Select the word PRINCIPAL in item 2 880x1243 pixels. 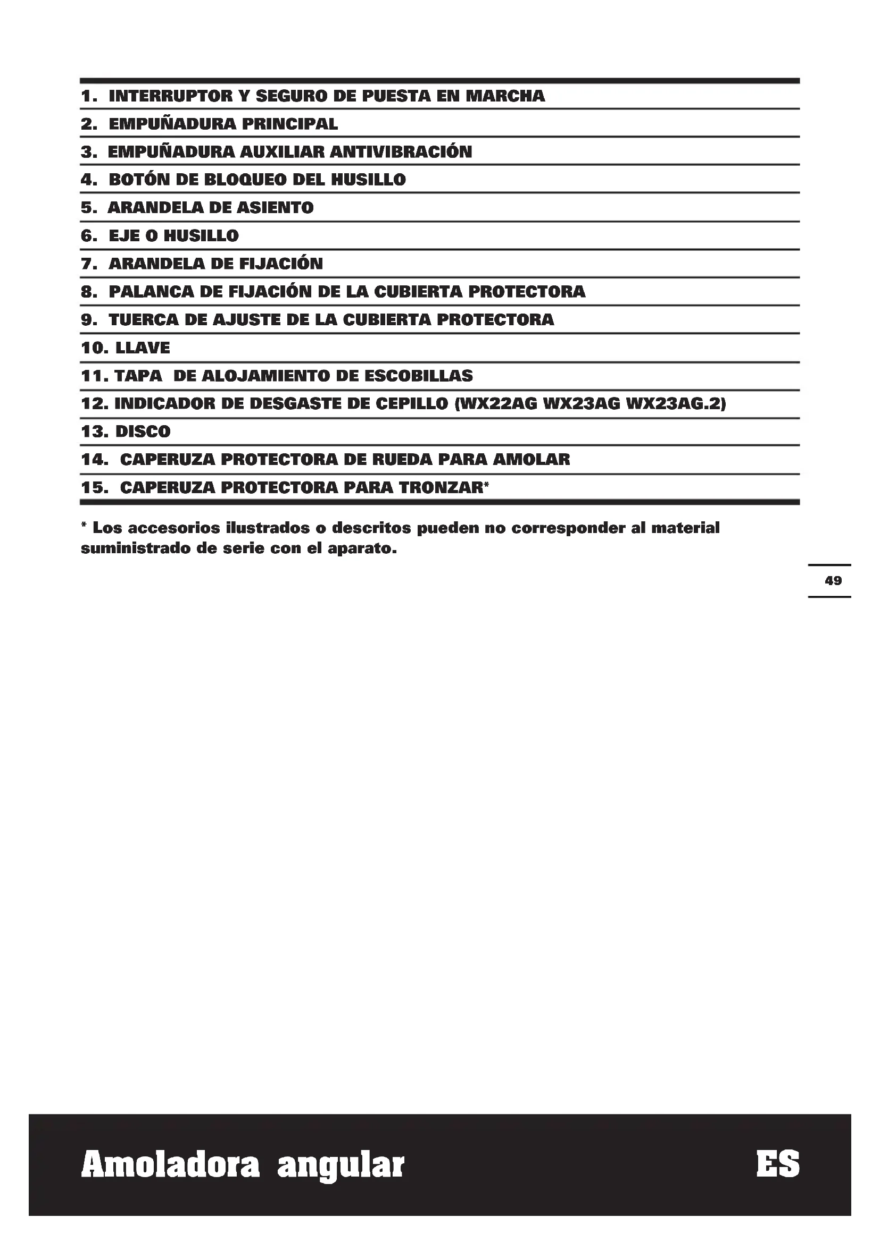tap(289, 124)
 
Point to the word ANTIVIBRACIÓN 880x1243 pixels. tap(401, 152)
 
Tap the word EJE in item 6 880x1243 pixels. tap(124, 236)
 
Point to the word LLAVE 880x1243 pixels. tap(143, 348)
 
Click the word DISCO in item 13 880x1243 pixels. tap(143, 432)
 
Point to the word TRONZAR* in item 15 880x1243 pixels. tap(444, 488)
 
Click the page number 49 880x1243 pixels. tap(833, 581)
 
